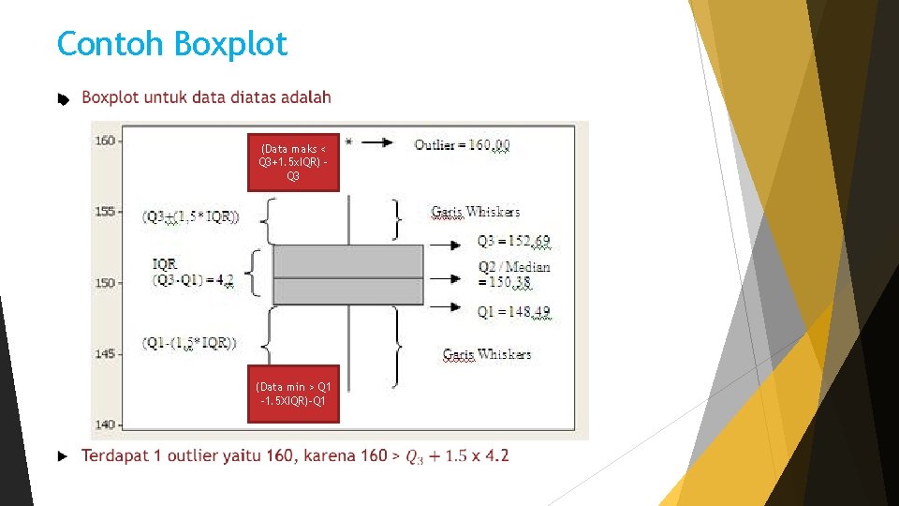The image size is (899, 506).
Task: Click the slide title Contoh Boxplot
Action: (172, 44)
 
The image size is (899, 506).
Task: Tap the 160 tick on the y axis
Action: (105, 141)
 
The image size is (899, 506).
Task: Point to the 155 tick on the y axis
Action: (105, 212)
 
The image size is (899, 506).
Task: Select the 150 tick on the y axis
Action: (105, 282)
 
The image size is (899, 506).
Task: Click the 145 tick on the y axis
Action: (105, 353)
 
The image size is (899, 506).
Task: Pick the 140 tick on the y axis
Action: (105, 424)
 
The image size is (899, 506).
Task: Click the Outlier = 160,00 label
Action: (462, 145)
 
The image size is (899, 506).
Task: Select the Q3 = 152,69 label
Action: (513, 243)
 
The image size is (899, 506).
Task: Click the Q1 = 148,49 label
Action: (513, 312)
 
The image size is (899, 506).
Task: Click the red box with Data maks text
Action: (293, 162)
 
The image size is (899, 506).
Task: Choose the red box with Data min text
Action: (293, 394)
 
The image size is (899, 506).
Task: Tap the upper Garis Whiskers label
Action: (475, 212)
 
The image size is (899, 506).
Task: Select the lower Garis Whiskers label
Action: (486, 354)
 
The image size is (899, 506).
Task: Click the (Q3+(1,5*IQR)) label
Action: (190, 217)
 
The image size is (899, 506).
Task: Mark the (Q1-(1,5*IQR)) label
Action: (189, 343)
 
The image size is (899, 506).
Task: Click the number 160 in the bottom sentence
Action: (279, 456)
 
